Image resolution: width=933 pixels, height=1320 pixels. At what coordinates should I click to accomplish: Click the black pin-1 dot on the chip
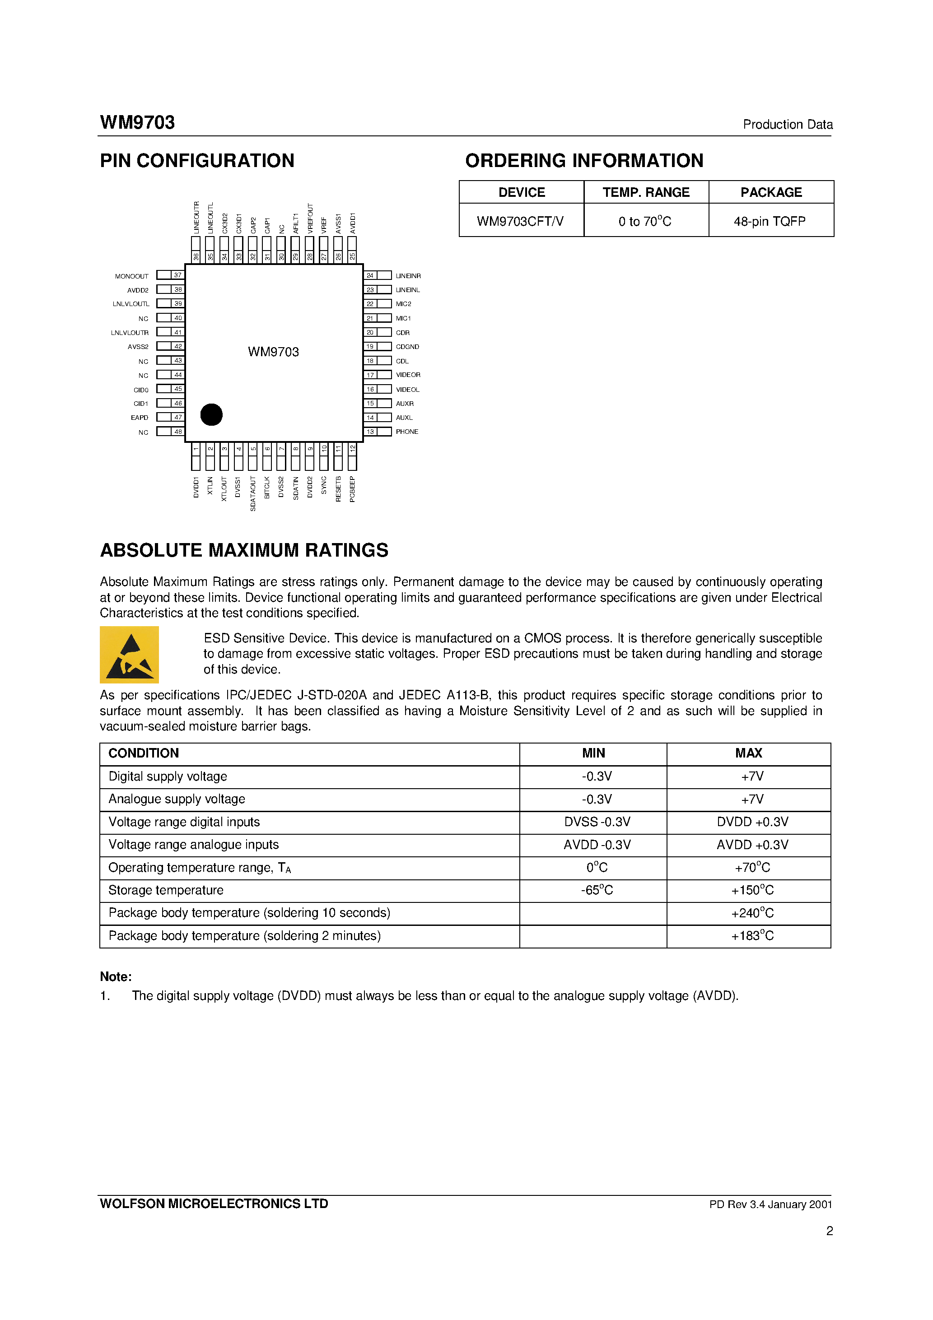tap(211, 414)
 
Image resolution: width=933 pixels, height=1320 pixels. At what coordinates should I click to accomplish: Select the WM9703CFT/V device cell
tap(521, 221)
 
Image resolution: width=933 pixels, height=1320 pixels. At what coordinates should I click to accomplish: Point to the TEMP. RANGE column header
tap(646, 193)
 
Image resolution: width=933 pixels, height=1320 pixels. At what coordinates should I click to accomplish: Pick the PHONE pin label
tap(407, 432)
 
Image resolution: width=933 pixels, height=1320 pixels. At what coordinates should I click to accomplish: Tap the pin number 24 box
tap(370, 275)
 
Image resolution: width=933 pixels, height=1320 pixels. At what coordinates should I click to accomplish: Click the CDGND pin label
tap(407, 347)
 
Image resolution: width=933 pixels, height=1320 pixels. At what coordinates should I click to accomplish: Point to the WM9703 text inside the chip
tap(273, 352)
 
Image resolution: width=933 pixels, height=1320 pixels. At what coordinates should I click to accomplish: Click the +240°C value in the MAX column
tap(752, 913)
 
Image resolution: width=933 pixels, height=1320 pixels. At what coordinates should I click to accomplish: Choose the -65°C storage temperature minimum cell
tap(597, 890)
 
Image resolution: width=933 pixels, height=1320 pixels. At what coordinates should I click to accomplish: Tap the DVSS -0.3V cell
tap(597, 822)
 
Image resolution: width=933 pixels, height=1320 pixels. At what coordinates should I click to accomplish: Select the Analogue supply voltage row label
tap(177, 799)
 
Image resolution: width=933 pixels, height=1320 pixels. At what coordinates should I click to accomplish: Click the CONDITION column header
tap(144, 753)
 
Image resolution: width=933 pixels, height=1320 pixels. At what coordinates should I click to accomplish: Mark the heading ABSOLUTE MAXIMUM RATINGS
tap(244, 550)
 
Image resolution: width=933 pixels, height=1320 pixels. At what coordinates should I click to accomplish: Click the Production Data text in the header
tap(788, 124)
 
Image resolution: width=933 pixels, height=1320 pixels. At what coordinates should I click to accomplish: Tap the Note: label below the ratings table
tap(116, 977)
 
